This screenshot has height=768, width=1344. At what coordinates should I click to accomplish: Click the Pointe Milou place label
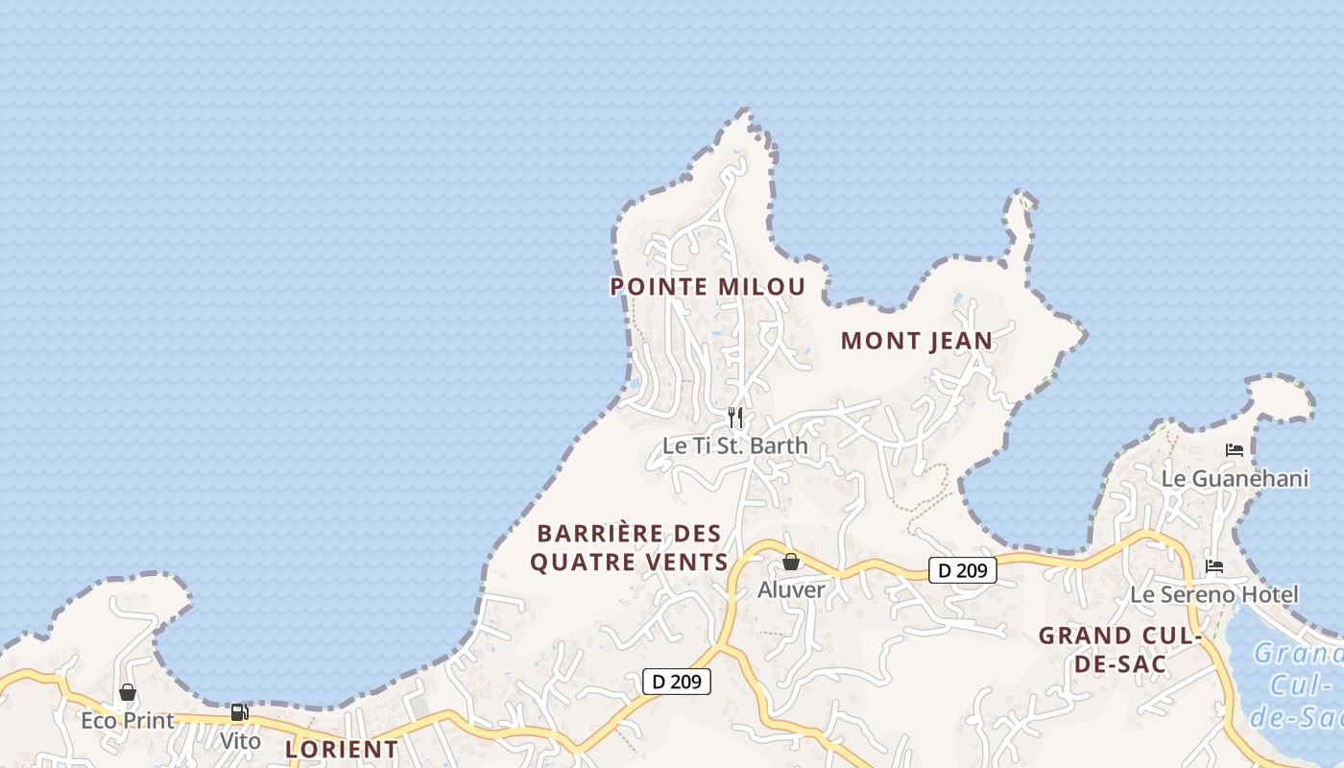point(708,286)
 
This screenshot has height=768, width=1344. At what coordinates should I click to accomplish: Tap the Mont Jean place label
point(916,341)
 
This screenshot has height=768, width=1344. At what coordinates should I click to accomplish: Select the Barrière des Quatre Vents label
point(629,547)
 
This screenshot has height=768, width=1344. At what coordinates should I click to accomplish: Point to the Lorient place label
point(342,749)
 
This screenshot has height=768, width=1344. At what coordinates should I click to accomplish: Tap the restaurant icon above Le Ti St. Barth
point(735,418)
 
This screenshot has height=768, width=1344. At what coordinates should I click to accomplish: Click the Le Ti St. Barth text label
point(735,446)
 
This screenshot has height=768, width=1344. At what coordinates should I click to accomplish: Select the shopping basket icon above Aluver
point(791,562)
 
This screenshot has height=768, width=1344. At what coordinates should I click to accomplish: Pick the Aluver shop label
point(791,589)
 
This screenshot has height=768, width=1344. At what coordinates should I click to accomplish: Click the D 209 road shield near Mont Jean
point(963,570)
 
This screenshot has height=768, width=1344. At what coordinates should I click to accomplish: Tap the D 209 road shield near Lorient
point(677,682)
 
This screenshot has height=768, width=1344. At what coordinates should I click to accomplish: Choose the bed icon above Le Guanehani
point(1235,449)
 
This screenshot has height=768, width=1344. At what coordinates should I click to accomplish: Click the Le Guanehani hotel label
point(1235,478)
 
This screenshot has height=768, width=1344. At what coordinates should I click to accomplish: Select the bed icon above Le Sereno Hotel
point(1214,566)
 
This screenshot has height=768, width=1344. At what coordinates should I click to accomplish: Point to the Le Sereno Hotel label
point(1214,594)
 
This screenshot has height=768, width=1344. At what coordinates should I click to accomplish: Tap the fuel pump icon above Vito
point(239,712)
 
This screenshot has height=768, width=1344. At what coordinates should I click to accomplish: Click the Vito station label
point(240,740)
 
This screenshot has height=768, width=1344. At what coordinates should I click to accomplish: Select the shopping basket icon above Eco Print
point(128,692)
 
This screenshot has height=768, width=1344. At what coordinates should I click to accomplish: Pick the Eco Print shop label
point(128,720)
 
